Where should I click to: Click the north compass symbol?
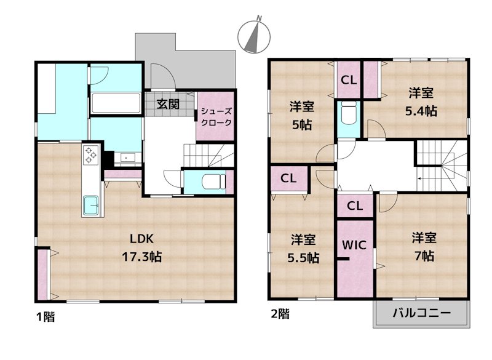point(254,36)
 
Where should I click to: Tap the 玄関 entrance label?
point(168,104)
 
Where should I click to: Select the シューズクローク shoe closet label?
point(216,117)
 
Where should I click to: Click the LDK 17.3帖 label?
point(142,248)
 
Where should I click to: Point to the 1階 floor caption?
point(46,317)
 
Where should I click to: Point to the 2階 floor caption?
point(280,314)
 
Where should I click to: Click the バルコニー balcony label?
point(422,313)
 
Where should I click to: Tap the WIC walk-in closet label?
point(354,245)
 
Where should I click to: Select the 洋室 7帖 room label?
point(424,247)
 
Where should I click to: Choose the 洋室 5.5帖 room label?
point(303,249)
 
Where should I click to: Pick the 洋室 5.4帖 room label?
point(421,102)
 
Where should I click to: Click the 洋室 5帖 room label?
point(302,116)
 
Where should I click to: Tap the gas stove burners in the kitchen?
point(90,155)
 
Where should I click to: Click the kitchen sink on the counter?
point(91,206)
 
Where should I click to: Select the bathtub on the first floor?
point(116,103)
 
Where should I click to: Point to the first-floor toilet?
point(213,182)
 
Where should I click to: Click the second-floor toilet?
point(348,113)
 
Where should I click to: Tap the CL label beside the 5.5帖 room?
point(288,178)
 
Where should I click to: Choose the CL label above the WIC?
point(355,206)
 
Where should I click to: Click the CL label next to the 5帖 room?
point(349,80)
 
